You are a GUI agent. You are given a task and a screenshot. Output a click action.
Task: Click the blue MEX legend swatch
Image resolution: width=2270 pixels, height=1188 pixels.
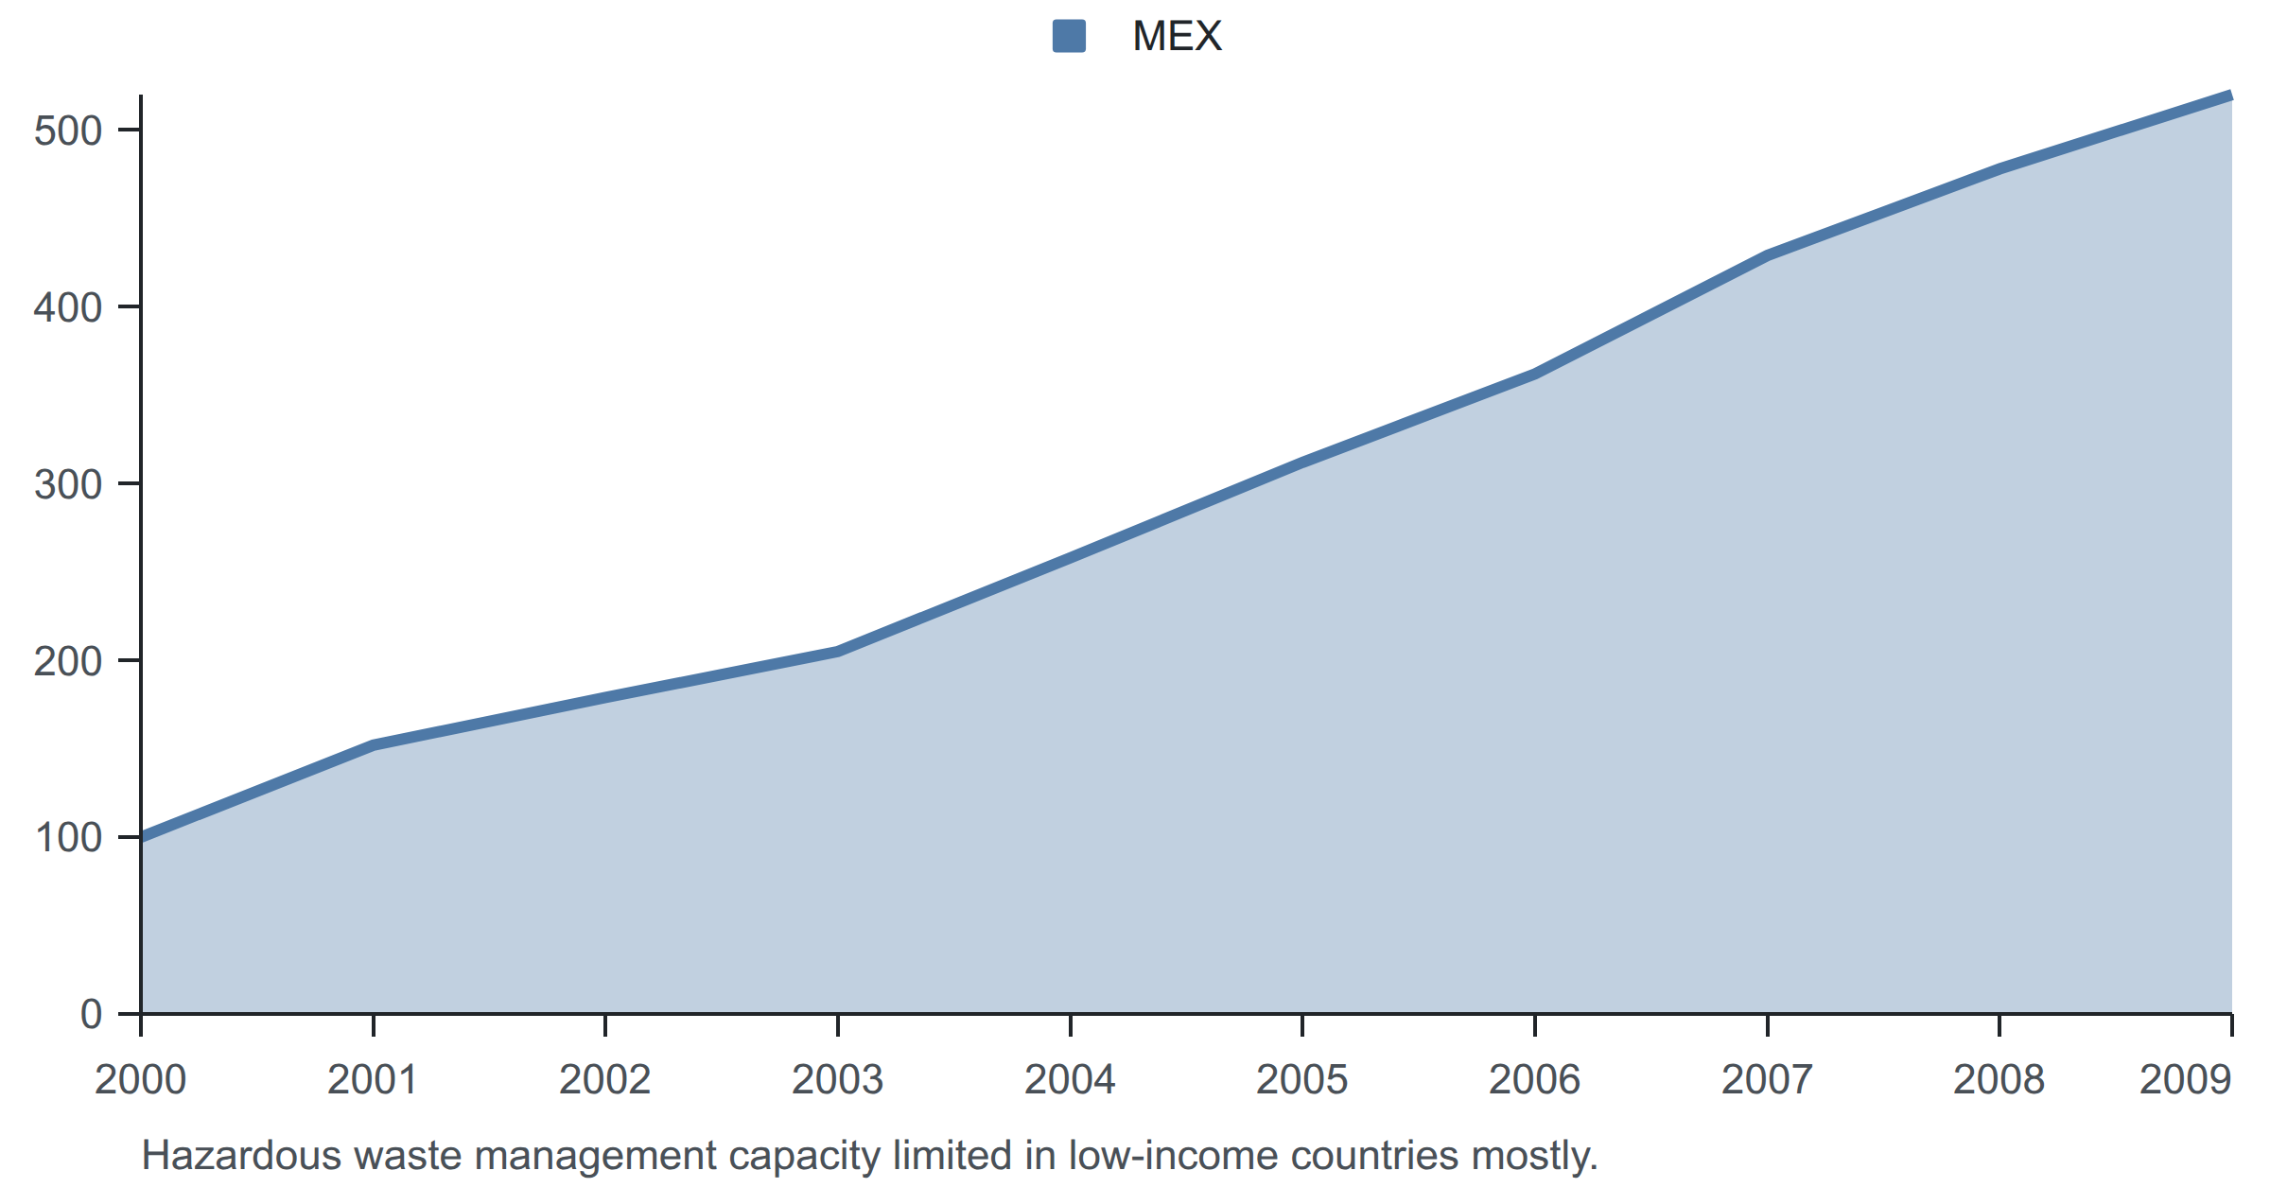point(1069,36)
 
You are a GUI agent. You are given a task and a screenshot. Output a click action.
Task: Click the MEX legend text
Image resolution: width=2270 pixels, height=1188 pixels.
point(1177,36)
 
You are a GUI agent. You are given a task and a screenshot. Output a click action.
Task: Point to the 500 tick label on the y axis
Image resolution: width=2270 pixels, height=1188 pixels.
point(68,131)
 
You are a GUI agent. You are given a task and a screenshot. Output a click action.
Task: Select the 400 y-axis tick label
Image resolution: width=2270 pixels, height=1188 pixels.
point(68,307)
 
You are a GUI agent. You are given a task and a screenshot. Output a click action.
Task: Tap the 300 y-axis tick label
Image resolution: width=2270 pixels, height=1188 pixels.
point(68,484)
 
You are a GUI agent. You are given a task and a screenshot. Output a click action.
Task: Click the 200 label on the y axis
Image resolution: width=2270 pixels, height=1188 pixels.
point(68,661)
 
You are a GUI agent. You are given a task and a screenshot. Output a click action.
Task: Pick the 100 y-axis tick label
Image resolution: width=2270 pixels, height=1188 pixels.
point(68,837)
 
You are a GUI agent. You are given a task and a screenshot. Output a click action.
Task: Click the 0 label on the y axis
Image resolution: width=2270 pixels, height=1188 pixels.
point(92,1014)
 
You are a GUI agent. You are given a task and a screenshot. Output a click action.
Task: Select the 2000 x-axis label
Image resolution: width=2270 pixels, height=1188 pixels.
point(141,1079)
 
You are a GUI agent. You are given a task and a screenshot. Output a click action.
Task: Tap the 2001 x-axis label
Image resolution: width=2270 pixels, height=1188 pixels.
point(373,1079)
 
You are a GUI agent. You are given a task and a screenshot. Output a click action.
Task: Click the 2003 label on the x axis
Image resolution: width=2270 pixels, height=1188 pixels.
point(838,1079)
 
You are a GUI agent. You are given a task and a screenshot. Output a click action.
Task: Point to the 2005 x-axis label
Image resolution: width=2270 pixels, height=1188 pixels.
point(1302,1079)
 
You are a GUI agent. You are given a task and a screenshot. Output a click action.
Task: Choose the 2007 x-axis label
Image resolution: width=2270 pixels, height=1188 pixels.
point(1767,1079)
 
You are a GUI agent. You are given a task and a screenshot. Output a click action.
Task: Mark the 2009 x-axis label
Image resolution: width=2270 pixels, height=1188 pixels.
point(2186,1079)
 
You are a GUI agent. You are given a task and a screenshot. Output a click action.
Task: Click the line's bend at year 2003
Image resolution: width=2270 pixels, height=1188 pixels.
point(838,651)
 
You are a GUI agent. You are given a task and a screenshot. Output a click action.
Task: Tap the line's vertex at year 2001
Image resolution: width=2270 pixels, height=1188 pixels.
point(374,745)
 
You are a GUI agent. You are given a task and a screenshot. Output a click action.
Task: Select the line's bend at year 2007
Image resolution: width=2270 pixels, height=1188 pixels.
point(1767,254)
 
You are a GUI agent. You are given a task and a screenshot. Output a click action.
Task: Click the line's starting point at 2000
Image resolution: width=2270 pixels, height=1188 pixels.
point(142,837)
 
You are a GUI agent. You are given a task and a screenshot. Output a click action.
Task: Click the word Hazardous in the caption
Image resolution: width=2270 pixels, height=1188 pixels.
point(241,1155)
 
